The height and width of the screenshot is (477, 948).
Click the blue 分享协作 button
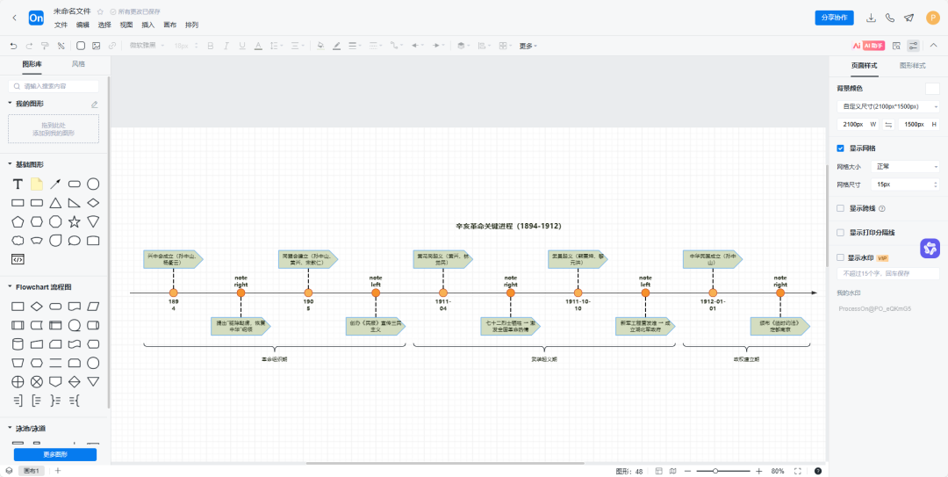[x=834, y=18]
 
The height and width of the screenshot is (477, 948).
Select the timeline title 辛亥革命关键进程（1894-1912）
[x=508, y=226]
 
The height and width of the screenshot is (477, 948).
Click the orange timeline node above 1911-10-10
[x=578, y=293]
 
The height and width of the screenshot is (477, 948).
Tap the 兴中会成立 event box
[x=172, y=259]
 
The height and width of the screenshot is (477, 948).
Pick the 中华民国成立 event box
[x=711, y=259]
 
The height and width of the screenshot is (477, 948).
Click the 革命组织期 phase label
[x=274, y=359]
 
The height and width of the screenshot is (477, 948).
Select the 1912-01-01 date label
[x=713, y=305]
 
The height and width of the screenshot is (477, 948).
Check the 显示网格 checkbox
[x=841, y=148]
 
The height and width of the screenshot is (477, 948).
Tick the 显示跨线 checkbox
[x=841, y=208]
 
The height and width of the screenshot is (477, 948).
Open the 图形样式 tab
[x=913, y=66]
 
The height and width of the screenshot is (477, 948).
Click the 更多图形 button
[x=55, y=454]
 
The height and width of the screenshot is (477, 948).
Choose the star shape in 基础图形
[x=75, y=221]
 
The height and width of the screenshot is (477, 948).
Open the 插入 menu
[x=147, y=25]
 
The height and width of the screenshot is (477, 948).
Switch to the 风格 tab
[x=78, y=64]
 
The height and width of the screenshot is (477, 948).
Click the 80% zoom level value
[x=778, y=471]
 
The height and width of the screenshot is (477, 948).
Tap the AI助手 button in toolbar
[x=868, y=46]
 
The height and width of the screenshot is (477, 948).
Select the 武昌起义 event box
[x=576, y=259]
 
